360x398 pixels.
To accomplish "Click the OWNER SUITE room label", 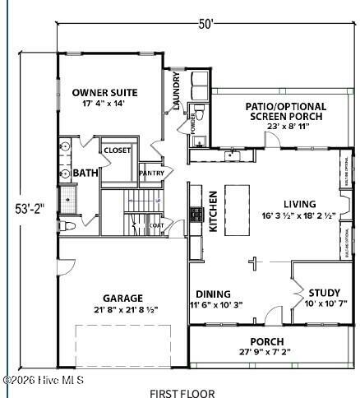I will coord(104,92).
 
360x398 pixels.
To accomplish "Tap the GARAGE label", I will coord(122,298).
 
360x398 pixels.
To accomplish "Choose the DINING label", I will coord(213,294).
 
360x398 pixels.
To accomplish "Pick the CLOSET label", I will coord(117,150).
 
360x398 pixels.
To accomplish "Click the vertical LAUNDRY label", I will coord(177,91).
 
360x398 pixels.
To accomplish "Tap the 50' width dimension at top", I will coord(206,24).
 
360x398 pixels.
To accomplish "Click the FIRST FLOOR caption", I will coord(182,392).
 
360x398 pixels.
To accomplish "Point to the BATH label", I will coord(85,174).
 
